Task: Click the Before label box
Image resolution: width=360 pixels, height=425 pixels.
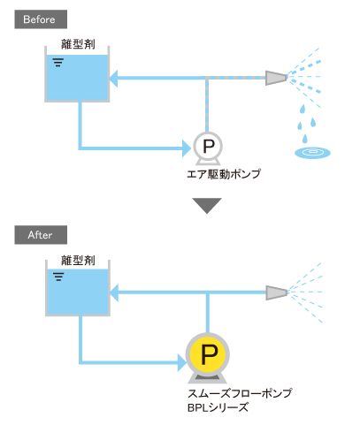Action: tap(41, 19)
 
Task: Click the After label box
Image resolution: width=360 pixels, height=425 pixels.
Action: tap(41, 235)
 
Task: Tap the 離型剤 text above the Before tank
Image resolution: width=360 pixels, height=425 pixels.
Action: tap(78, 44)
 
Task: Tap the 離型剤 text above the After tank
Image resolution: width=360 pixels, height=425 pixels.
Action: tap(78, 260)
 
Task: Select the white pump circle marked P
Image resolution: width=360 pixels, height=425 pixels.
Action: tap(208, 146)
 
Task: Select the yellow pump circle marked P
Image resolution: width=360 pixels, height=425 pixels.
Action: tap(208, 354)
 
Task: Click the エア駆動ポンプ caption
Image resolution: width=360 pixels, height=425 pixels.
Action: tap(224, 174)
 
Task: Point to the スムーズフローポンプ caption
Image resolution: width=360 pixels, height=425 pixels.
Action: tap(240, 393)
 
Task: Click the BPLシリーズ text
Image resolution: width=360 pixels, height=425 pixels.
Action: tap(218, 407)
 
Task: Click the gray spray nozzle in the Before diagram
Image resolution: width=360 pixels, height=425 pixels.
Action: tap(276, 78)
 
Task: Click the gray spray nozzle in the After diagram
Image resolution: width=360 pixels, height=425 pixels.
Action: tap(276, 292)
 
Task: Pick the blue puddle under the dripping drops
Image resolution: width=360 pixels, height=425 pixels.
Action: tap(312, 153)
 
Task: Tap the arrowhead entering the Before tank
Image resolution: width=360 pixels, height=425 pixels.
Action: tap(114, 79)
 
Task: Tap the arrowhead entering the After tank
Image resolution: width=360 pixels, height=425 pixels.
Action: tap(114, 292)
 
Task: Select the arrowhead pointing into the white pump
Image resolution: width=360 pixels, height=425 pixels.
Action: tap(187, 148)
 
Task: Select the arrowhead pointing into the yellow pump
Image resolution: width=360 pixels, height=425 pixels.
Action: tap(182, 362)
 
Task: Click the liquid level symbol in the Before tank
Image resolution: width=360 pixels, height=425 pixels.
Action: tap(58, 63)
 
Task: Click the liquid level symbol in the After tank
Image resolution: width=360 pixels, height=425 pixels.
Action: tap(58, 277)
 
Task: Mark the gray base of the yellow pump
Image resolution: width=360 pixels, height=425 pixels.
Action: tap(208, 378)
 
